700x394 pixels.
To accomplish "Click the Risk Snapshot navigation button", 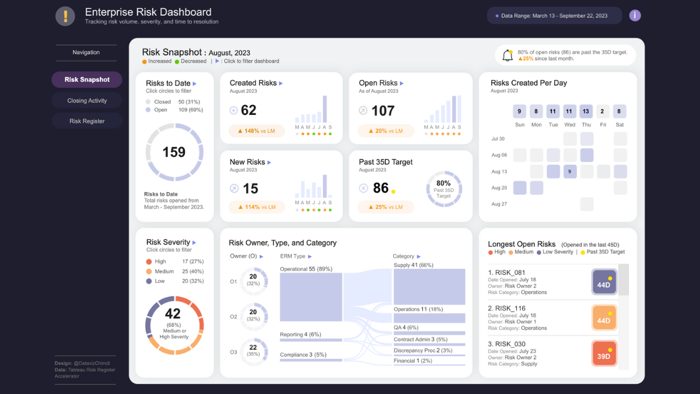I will [x=87, y=79].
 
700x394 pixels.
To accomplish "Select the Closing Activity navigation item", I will [x=87, y=100].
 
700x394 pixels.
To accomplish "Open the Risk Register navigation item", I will [x=87, y=121].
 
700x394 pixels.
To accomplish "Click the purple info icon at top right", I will [x=635, y=16].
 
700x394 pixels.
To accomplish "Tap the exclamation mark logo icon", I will [x=65, y=16].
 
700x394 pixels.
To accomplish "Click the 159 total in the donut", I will [x=174, y=152].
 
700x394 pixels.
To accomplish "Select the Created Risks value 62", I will [x=249, y=110].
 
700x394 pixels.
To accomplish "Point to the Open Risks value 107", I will [x=383, y=110].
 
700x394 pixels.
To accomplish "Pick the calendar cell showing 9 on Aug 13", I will [x=570, y=172].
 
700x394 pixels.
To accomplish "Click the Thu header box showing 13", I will [x=587, y=111].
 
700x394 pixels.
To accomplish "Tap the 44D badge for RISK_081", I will [x=604, y=282].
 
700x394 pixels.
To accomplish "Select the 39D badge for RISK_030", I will [x=604, y=353].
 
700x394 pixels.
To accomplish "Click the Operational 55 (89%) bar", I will [x=311, y=297].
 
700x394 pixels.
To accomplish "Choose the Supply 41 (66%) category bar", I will [x=429, y=287].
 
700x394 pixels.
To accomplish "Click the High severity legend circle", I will [x=149, y=262].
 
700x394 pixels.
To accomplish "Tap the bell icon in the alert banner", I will [x=507, y=55].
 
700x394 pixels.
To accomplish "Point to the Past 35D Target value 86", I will [x=380, y=188].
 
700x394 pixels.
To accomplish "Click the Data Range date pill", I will [x=554, y=16].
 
